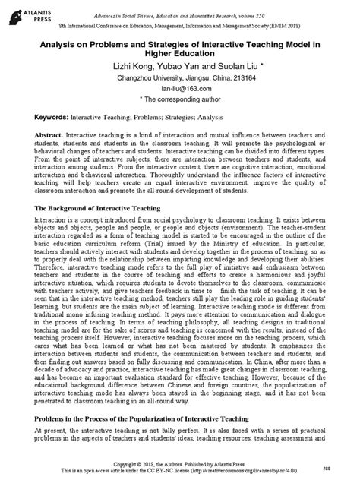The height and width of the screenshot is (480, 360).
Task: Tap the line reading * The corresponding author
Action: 181,119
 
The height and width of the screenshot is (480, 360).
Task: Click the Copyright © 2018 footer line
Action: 179,464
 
